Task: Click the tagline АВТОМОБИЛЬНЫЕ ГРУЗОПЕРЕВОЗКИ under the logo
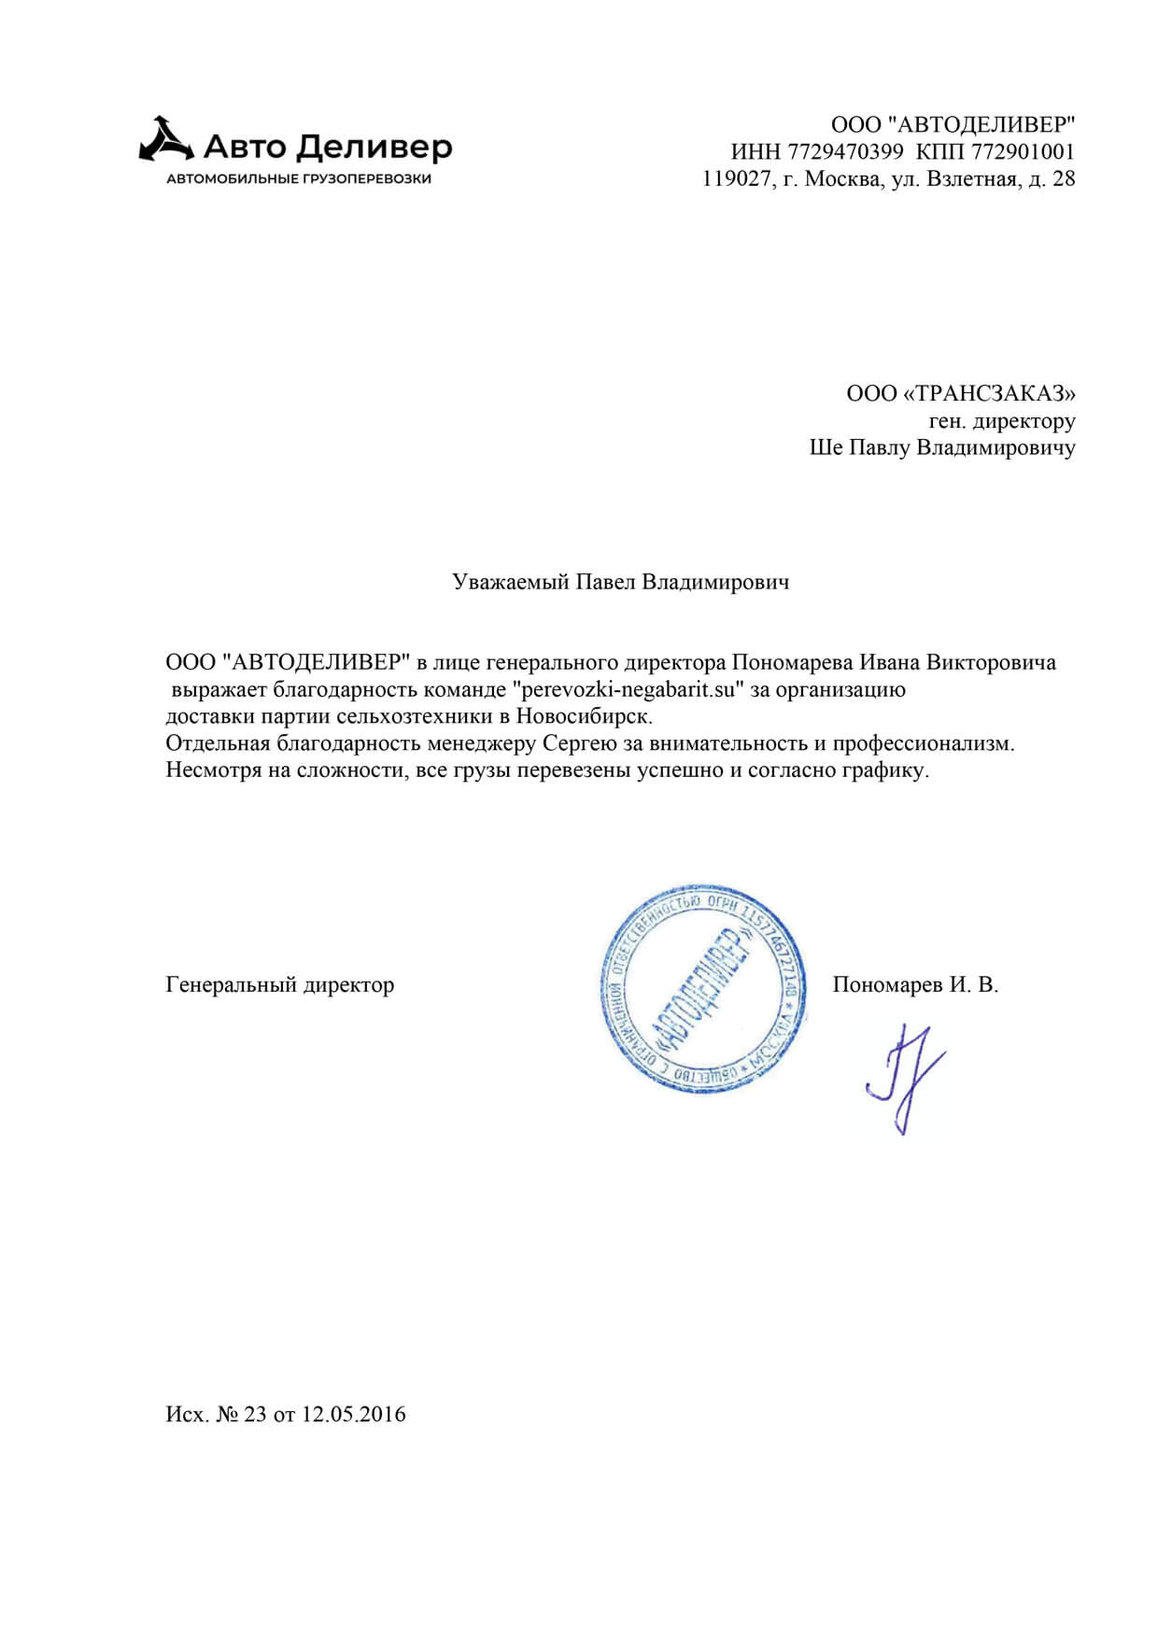click(299, 178)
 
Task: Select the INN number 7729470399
click(845, 151)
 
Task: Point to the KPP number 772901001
click(1023, 151)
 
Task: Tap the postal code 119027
click(737, 178)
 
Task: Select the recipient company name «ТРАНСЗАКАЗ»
click(990, 393)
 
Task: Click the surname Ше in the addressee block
click(826, 447)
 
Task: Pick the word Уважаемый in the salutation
click(511, 582)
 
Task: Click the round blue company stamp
click(700, 989)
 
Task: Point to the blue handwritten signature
click(904, 1079)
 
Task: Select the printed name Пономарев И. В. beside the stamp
click(915, 984)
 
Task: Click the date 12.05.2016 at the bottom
click(354, 1414)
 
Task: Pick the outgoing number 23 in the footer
click(255, 1414)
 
